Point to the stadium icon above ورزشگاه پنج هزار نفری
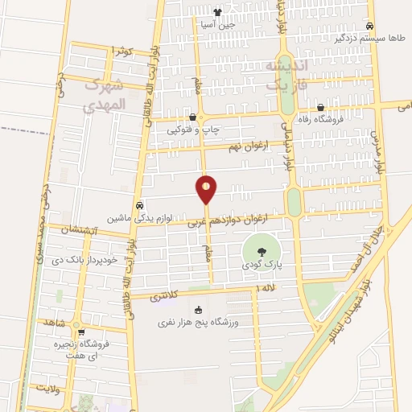(x=198, y=310)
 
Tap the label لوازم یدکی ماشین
(x=142, y=218)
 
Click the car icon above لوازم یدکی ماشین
(x=141, y=204)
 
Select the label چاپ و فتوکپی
(x=193, y=130)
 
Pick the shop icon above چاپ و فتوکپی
(x=192, y=117)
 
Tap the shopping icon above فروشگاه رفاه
(x=321, y=108)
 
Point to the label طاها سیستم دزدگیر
(x=369, y=38)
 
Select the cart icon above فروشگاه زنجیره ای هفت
(x=80, y=332)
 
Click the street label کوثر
(x=123, y=51)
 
